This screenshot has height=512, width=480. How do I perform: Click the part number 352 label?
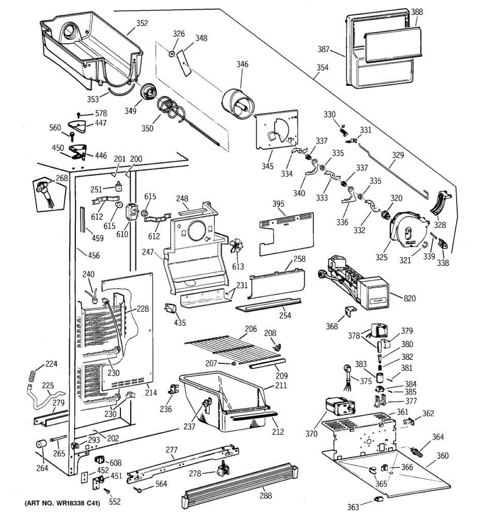coord(142,23)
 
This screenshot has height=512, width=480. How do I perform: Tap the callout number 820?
coord(410,298)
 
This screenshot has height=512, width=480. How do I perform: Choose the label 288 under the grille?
coord(266,495)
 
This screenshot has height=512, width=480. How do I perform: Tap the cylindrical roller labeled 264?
coord(41,445)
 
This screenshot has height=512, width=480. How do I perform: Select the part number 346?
coord(242,64)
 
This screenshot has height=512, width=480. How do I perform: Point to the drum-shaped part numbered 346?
coord(238,103)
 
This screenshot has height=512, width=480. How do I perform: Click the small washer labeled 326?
coord(171,54)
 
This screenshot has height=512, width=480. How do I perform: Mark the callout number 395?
coord(278,204)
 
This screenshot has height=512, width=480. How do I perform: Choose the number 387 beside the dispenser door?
coord(323,49)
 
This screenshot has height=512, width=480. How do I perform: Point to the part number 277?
coord(172,450)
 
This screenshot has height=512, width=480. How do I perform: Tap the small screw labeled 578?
coord(79,114)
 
